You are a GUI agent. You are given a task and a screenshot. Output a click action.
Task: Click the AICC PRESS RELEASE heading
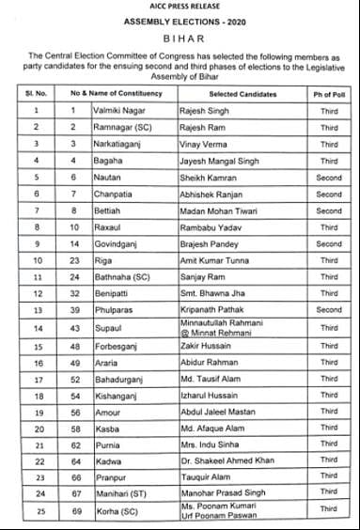click(179, 8)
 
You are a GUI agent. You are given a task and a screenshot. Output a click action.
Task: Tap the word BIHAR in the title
click(180, 39)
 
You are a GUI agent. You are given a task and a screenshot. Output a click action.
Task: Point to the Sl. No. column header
click(36, 94)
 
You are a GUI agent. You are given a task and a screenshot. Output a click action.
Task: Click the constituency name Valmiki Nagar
click(119, 111)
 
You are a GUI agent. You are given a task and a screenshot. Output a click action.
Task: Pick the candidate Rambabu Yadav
click(211, 228)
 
